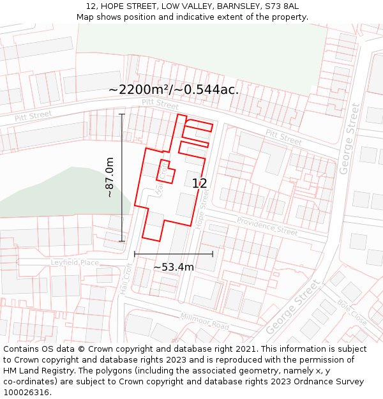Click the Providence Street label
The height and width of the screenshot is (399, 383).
pos(267,226)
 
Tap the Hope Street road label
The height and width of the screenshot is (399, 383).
pos(203,210)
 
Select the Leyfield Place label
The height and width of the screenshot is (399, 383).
pos(75,262)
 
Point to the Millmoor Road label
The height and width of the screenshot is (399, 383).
pos(204,321)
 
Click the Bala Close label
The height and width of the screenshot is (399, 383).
pos(352,313)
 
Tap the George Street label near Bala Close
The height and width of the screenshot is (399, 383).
pos(292,307)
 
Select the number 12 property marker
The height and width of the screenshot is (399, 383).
pos(199,184)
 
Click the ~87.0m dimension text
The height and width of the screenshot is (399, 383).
pos(110,177)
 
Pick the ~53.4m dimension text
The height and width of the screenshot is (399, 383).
pos(173,267)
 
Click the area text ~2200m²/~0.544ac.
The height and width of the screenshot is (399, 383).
pos(173,90)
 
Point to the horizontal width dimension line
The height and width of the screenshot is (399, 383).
pos(173,254)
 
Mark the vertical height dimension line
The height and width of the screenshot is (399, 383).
pos(122,177)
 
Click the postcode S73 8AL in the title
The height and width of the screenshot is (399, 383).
pos(282,6)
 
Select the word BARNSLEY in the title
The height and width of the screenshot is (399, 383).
pos(239,6)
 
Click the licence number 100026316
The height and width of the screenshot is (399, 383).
pos(27,393)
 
